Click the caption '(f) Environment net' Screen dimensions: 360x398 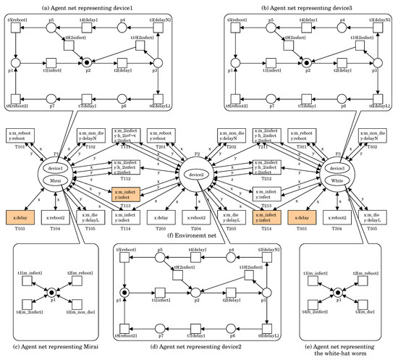tap(198, 235)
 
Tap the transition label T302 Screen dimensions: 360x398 tap(374, 147)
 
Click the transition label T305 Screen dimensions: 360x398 tap(374, 228)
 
